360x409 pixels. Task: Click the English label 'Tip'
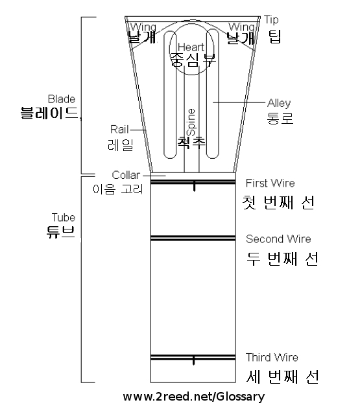[271, 20]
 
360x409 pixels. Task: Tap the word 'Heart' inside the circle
[191, 47]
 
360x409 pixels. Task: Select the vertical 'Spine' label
[191, 122]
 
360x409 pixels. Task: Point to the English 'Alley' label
[279, 103]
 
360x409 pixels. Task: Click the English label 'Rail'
[119, 130]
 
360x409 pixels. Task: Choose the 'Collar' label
[126, 175]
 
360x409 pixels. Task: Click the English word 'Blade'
[62, 99]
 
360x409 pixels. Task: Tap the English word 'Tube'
[64, 217]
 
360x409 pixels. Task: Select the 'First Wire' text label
[270, 183]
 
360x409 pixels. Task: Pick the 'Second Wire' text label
[278, 239]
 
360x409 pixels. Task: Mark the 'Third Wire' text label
[272, 357]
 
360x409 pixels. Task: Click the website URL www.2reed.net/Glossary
[194, 397]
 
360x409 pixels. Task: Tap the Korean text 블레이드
[50, 113]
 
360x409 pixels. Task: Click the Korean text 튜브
[61, 231]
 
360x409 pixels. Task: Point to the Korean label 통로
[280, 118]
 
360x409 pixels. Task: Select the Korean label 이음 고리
[118, 189]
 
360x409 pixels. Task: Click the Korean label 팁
[275, 36]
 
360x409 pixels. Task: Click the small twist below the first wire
[194, 186]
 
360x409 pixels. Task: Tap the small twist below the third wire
[193, 360]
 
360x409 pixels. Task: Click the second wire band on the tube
[193, 238]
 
